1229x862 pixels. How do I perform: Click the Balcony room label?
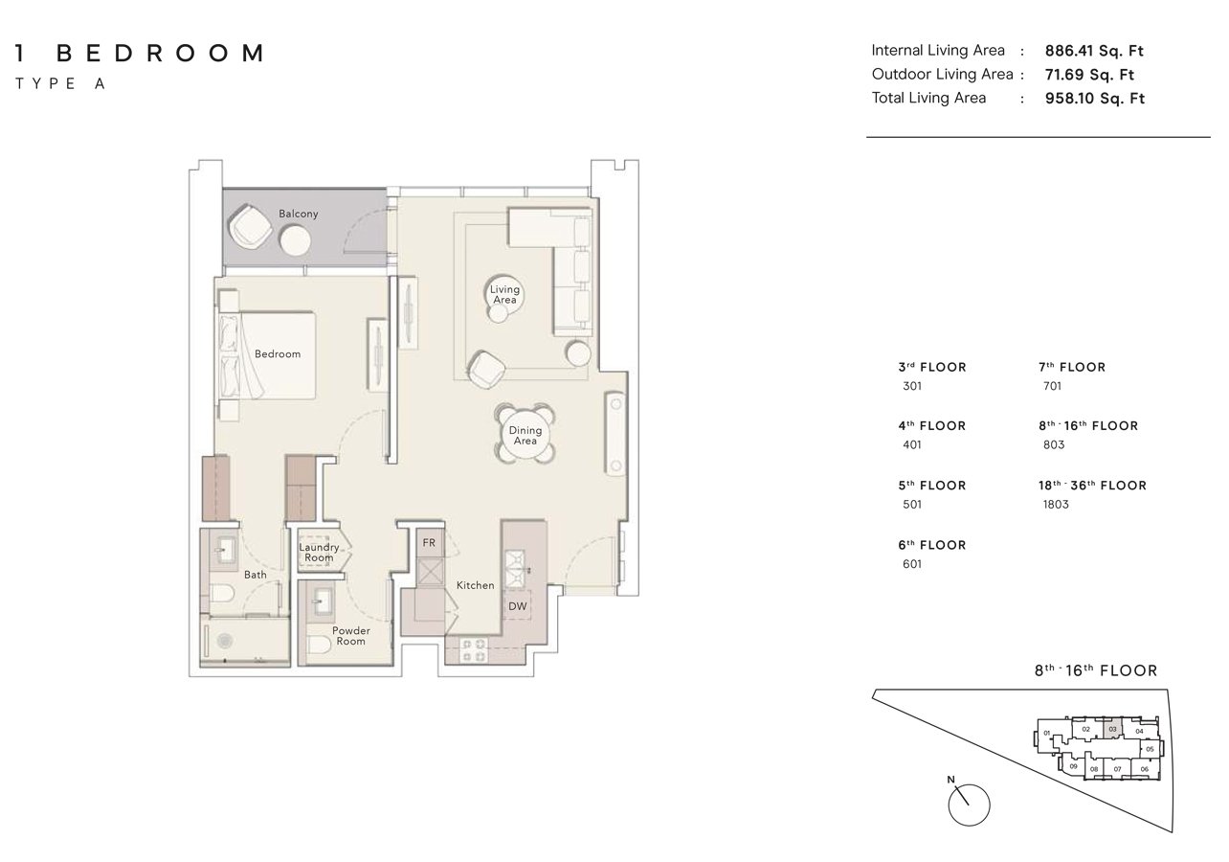click(298, 214)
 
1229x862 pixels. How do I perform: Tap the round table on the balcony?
click(295, 240)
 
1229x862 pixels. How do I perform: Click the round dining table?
click(525, 435)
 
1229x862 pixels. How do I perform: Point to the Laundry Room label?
click(319, 553)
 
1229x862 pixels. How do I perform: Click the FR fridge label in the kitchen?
click(429, 542)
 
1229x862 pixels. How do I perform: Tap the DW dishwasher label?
click(518, 606)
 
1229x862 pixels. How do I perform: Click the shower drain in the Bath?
click(224, 640)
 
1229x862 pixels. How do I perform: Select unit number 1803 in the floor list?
click(1056, 504)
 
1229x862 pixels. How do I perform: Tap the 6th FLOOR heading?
click(931, 545)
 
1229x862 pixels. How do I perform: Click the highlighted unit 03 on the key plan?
click(1112, 729)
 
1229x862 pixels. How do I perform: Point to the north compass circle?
click(969, 805)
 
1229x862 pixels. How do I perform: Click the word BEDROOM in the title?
click(161, 54)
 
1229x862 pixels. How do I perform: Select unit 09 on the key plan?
click(1074, 766)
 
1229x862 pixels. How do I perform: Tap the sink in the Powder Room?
click(321, 601)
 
